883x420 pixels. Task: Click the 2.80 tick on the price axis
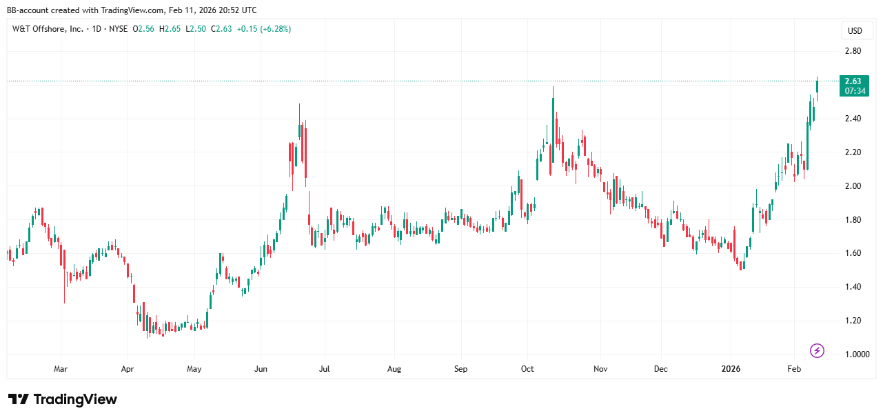(852, 51)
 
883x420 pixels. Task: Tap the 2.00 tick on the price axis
(852, 186)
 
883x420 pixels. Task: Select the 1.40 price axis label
(852, 287)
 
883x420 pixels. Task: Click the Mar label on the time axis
(61, 369)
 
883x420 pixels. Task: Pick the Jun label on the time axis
(261, 369)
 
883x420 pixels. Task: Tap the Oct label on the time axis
(527, 369)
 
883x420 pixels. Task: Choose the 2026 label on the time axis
(731, 369)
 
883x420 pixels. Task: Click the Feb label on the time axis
(794, 369)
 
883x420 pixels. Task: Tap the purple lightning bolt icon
(817, 351)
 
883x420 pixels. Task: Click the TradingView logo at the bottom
(63, 400)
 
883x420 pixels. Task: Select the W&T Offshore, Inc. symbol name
(48, 29)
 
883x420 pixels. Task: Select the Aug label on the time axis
(394, 369)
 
